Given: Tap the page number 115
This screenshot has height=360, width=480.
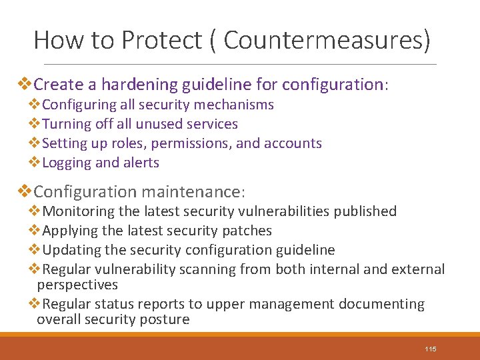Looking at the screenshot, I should point(430,349).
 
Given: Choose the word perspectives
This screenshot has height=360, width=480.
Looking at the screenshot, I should point(77,285).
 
